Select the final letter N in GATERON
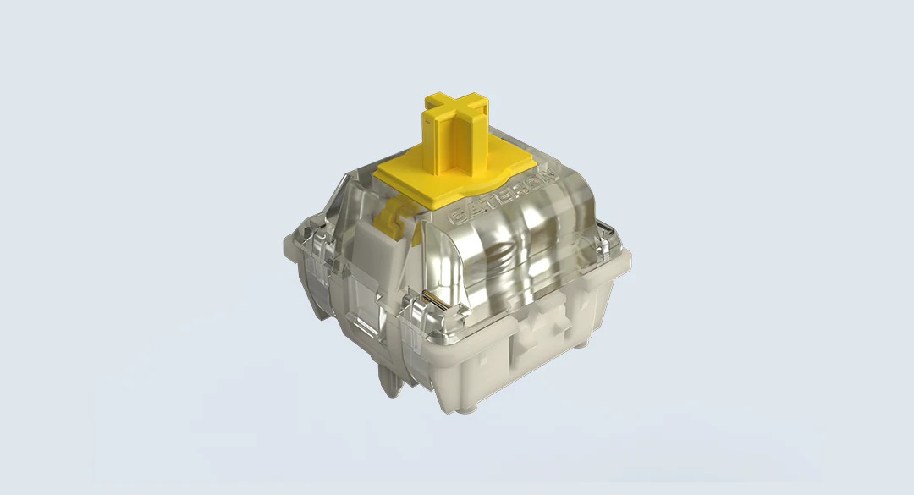click(x=550, y=173)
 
